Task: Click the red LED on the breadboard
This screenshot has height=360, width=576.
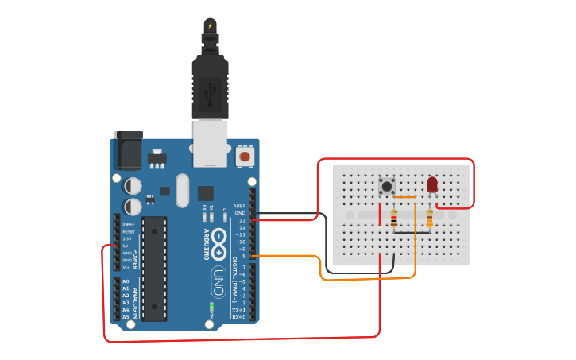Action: (x=432, y=184)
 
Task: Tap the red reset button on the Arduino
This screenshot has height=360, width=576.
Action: (x=245, y=157)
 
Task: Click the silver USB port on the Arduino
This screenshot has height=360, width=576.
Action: (x=211, y=143)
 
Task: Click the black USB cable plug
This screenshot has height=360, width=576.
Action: (x=210, y=87)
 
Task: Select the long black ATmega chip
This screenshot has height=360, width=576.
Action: (x=154, y=268)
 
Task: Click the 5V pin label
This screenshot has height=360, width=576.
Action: (x=126, y=246)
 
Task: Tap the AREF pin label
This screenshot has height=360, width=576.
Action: (x=239, y=206)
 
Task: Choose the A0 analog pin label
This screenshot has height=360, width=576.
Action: (x=126, y=281)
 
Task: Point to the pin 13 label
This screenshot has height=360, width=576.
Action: (x=242, y=220)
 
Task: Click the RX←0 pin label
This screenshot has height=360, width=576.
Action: (x=238, y=317)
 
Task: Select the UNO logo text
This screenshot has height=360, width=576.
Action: (x=218, y=281)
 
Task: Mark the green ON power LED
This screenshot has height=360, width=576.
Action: (x=211, y=306)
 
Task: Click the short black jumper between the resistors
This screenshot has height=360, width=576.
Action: (x=412, y=233)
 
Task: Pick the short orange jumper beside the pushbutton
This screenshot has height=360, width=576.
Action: (x=405, y=197)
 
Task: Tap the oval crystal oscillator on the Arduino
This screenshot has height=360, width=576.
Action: (x=183, y=191)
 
